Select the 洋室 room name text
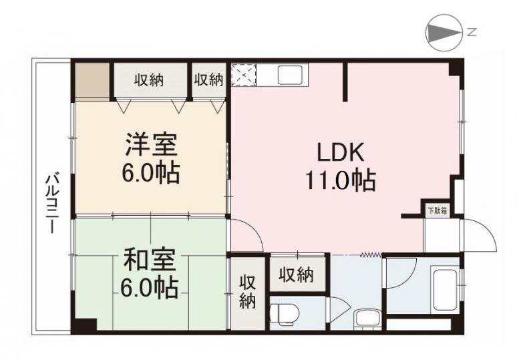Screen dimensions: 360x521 click(149, 144)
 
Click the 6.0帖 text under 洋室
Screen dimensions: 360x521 click(149, 173)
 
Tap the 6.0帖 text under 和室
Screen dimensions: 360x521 click(148, 288)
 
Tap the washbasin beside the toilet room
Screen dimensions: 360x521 click(367, 319)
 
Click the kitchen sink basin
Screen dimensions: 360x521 click(289, 74)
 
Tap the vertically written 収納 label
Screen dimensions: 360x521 click(247, 293)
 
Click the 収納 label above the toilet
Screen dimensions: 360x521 click(295, 275)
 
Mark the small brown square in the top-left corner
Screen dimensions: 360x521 click(92, 80)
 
